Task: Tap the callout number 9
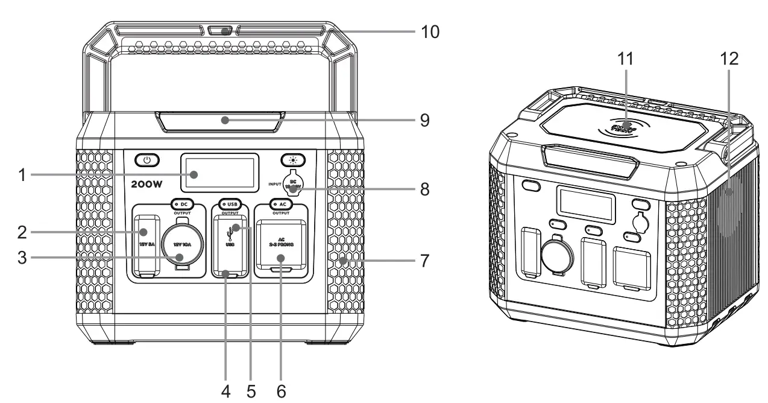[x=424, y=120]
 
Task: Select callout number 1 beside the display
[x=23, y=176]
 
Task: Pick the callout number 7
[x=424, y=261]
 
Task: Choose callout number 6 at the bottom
[x=281, y=390]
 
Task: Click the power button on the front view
[x=146, y=160]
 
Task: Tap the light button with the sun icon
[x=293, y=160]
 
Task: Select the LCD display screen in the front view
[x=221, y=174]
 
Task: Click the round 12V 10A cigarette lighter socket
[x=179, y=243]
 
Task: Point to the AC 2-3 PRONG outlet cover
[x=281, y=246]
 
